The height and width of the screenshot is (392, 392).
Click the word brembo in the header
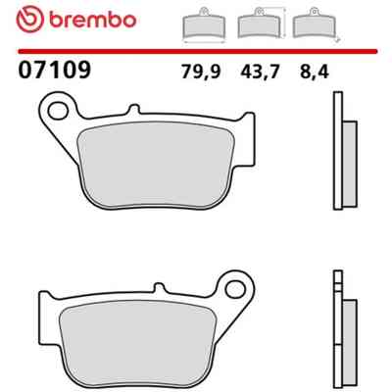click(93, 21)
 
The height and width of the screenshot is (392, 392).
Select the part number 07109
click(54, 71)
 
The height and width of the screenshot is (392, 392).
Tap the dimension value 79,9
click(201, 72)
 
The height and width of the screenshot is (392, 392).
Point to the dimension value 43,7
click(260, 72)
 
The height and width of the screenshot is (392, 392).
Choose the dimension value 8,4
click(315, 72)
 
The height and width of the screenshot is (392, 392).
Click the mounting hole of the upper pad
click(58, 110)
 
